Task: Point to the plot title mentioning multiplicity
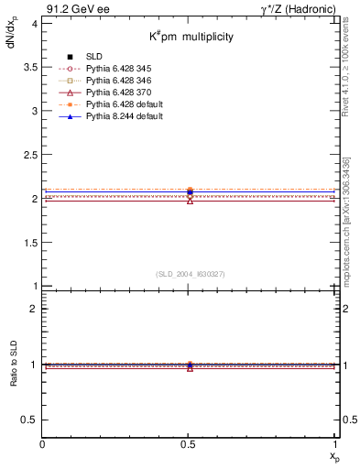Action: coord(191,37)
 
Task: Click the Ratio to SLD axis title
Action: coord(15,364)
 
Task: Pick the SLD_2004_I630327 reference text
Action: coord(190,274)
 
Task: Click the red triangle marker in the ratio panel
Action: coord(190,367)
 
